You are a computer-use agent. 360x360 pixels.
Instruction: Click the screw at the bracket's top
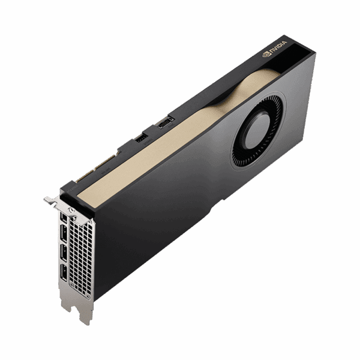tap(73, 211)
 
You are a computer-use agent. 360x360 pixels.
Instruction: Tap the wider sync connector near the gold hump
tap(164, 123)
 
